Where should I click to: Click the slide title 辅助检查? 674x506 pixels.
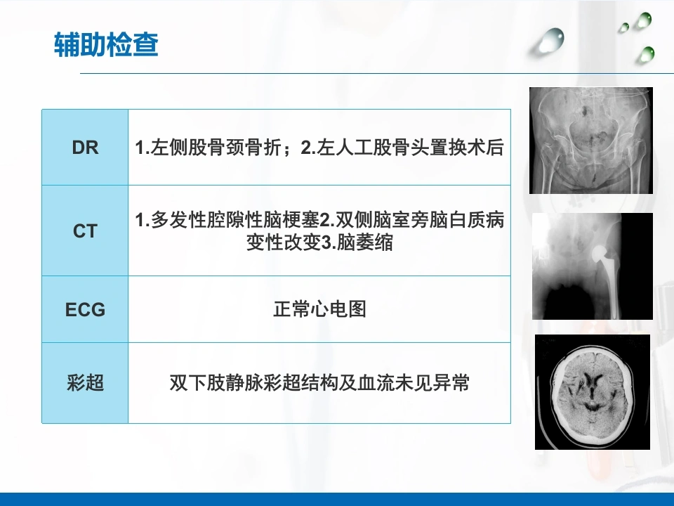pos(106,45)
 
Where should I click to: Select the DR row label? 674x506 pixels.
pos(85,148)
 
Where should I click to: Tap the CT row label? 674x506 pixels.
pos(85,231)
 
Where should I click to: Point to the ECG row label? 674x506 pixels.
pos(85,309)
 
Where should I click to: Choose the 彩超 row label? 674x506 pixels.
pos(85,382)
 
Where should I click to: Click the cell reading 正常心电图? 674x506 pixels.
pos(319,309)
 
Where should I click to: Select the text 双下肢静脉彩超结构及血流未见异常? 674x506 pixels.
pos(319,382)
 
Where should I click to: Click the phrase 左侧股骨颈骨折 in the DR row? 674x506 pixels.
pos(216,148)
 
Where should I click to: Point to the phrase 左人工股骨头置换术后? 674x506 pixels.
pos(410,148)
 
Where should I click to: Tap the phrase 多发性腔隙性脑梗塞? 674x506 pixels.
pos(235,220)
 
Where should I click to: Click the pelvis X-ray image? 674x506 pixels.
pos(591,141)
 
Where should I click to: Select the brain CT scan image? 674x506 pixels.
pos(593,392)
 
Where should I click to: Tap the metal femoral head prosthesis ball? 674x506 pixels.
pos(599,254)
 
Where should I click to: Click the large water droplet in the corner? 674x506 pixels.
pos(550,41)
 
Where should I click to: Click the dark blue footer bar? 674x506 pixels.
pos(337,500)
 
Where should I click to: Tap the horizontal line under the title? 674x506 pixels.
pos(377,73)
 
